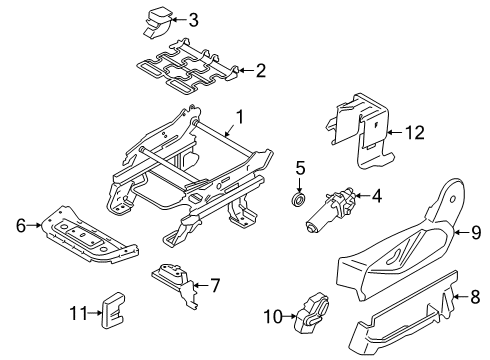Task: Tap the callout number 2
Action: point(260,71)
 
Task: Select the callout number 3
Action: point(193,19)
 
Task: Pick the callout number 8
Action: point(476,295)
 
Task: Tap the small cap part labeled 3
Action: point(159,17)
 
